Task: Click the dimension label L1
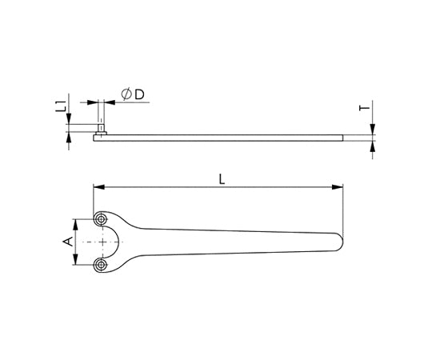pyautogui.click(x=61, y=106)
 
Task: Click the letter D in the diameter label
pyautogui.click(x=139, y=94)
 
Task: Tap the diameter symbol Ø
pyautogui.click(x=126, y=94)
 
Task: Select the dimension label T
pyautogui.click(x=365, y=108)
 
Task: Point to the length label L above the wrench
pyautogui.click(x=222, y=179)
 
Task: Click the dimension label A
pyautogui.click(x=68, y=242)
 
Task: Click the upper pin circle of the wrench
pyautogui.click(x=102, y=219)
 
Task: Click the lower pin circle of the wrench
pyautogui.click(x=102, y=265)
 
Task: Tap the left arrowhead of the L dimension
pyautogui.click(x=99, y=187)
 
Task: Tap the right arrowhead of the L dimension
pyautogui.click(x=338, y=187)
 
